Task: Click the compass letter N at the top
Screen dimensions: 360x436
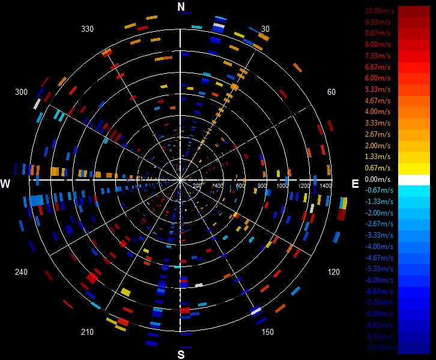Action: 181,6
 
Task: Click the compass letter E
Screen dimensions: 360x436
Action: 355,183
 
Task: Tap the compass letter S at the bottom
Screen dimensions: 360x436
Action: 181,354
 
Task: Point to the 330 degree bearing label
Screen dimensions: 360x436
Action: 88,29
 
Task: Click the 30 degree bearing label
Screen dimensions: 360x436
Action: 265,29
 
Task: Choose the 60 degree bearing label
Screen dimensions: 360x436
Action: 331,92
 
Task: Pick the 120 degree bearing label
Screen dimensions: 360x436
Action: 334,272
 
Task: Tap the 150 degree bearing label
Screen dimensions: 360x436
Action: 268,332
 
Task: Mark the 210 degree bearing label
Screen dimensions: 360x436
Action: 87,332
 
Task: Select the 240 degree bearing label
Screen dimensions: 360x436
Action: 22,272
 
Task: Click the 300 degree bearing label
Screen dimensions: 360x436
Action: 22,92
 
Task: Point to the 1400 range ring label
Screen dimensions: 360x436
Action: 324,187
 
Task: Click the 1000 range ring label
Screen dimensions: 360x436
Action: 282,187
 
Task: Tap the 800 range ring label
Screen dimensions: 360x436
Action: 262,187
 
